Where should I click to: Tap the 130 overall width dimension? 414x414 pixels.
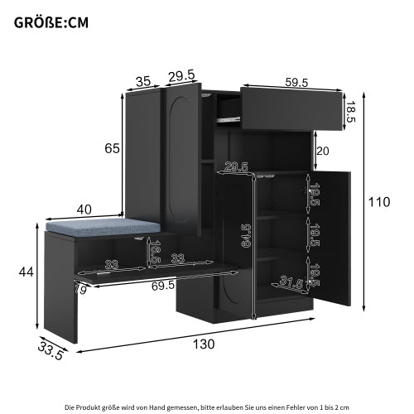coord(204,343)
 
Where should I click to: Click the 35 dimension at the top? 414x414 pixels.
coord(143,81)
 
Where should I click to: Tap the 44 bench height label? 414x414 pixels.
coord(26,271)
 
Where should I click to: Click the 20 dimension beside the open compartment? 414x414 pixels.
coord(323,151)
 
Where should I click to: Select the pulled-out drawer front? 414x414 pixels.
coord(293,107)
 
